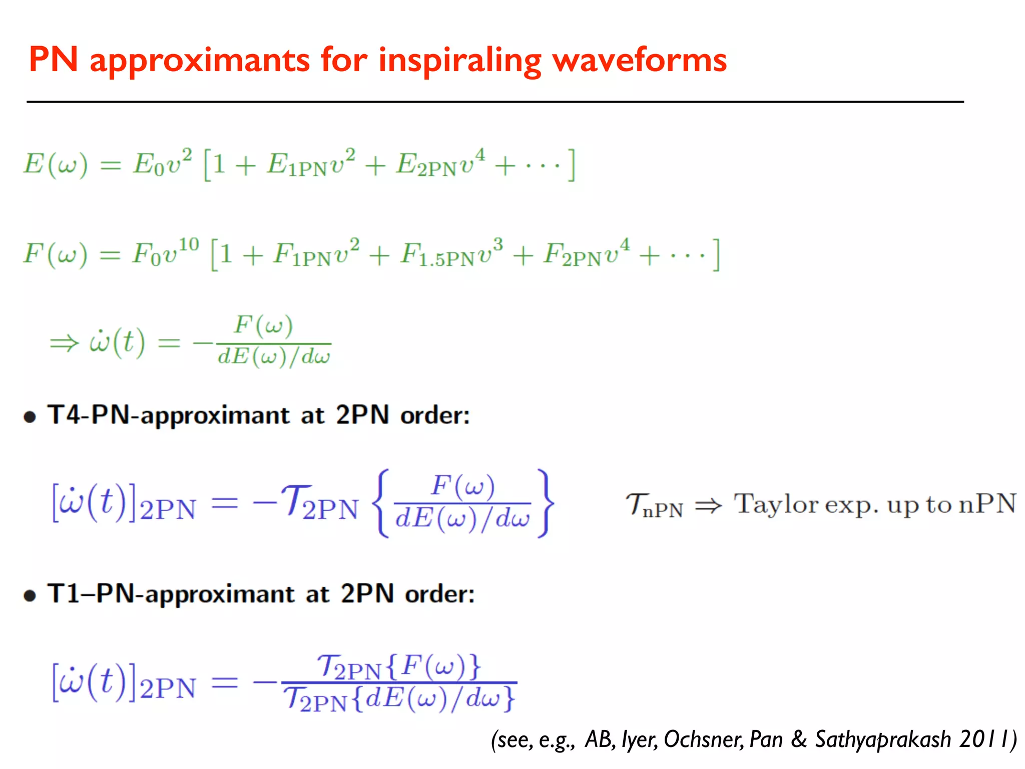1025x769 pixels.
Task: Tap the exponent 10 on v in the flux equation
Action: click(x=189, y=245)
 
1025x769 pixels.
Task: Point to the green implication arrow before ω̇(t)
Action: click(x=64, y=343)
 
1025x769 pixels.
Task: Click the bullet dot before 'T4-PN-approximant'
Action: click(x=30, y=417)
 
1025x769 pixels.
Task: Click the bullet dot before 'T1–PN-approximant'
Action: click(x=30, y=595)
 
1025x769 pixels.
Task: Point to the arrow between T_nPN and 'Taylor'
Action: click(x=709, y=506)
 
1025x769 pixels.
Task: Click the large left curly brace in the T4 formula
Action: click(x=382, y=503)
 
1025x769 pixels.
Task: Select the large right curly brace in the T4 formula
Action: click(x=545, y=503)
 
